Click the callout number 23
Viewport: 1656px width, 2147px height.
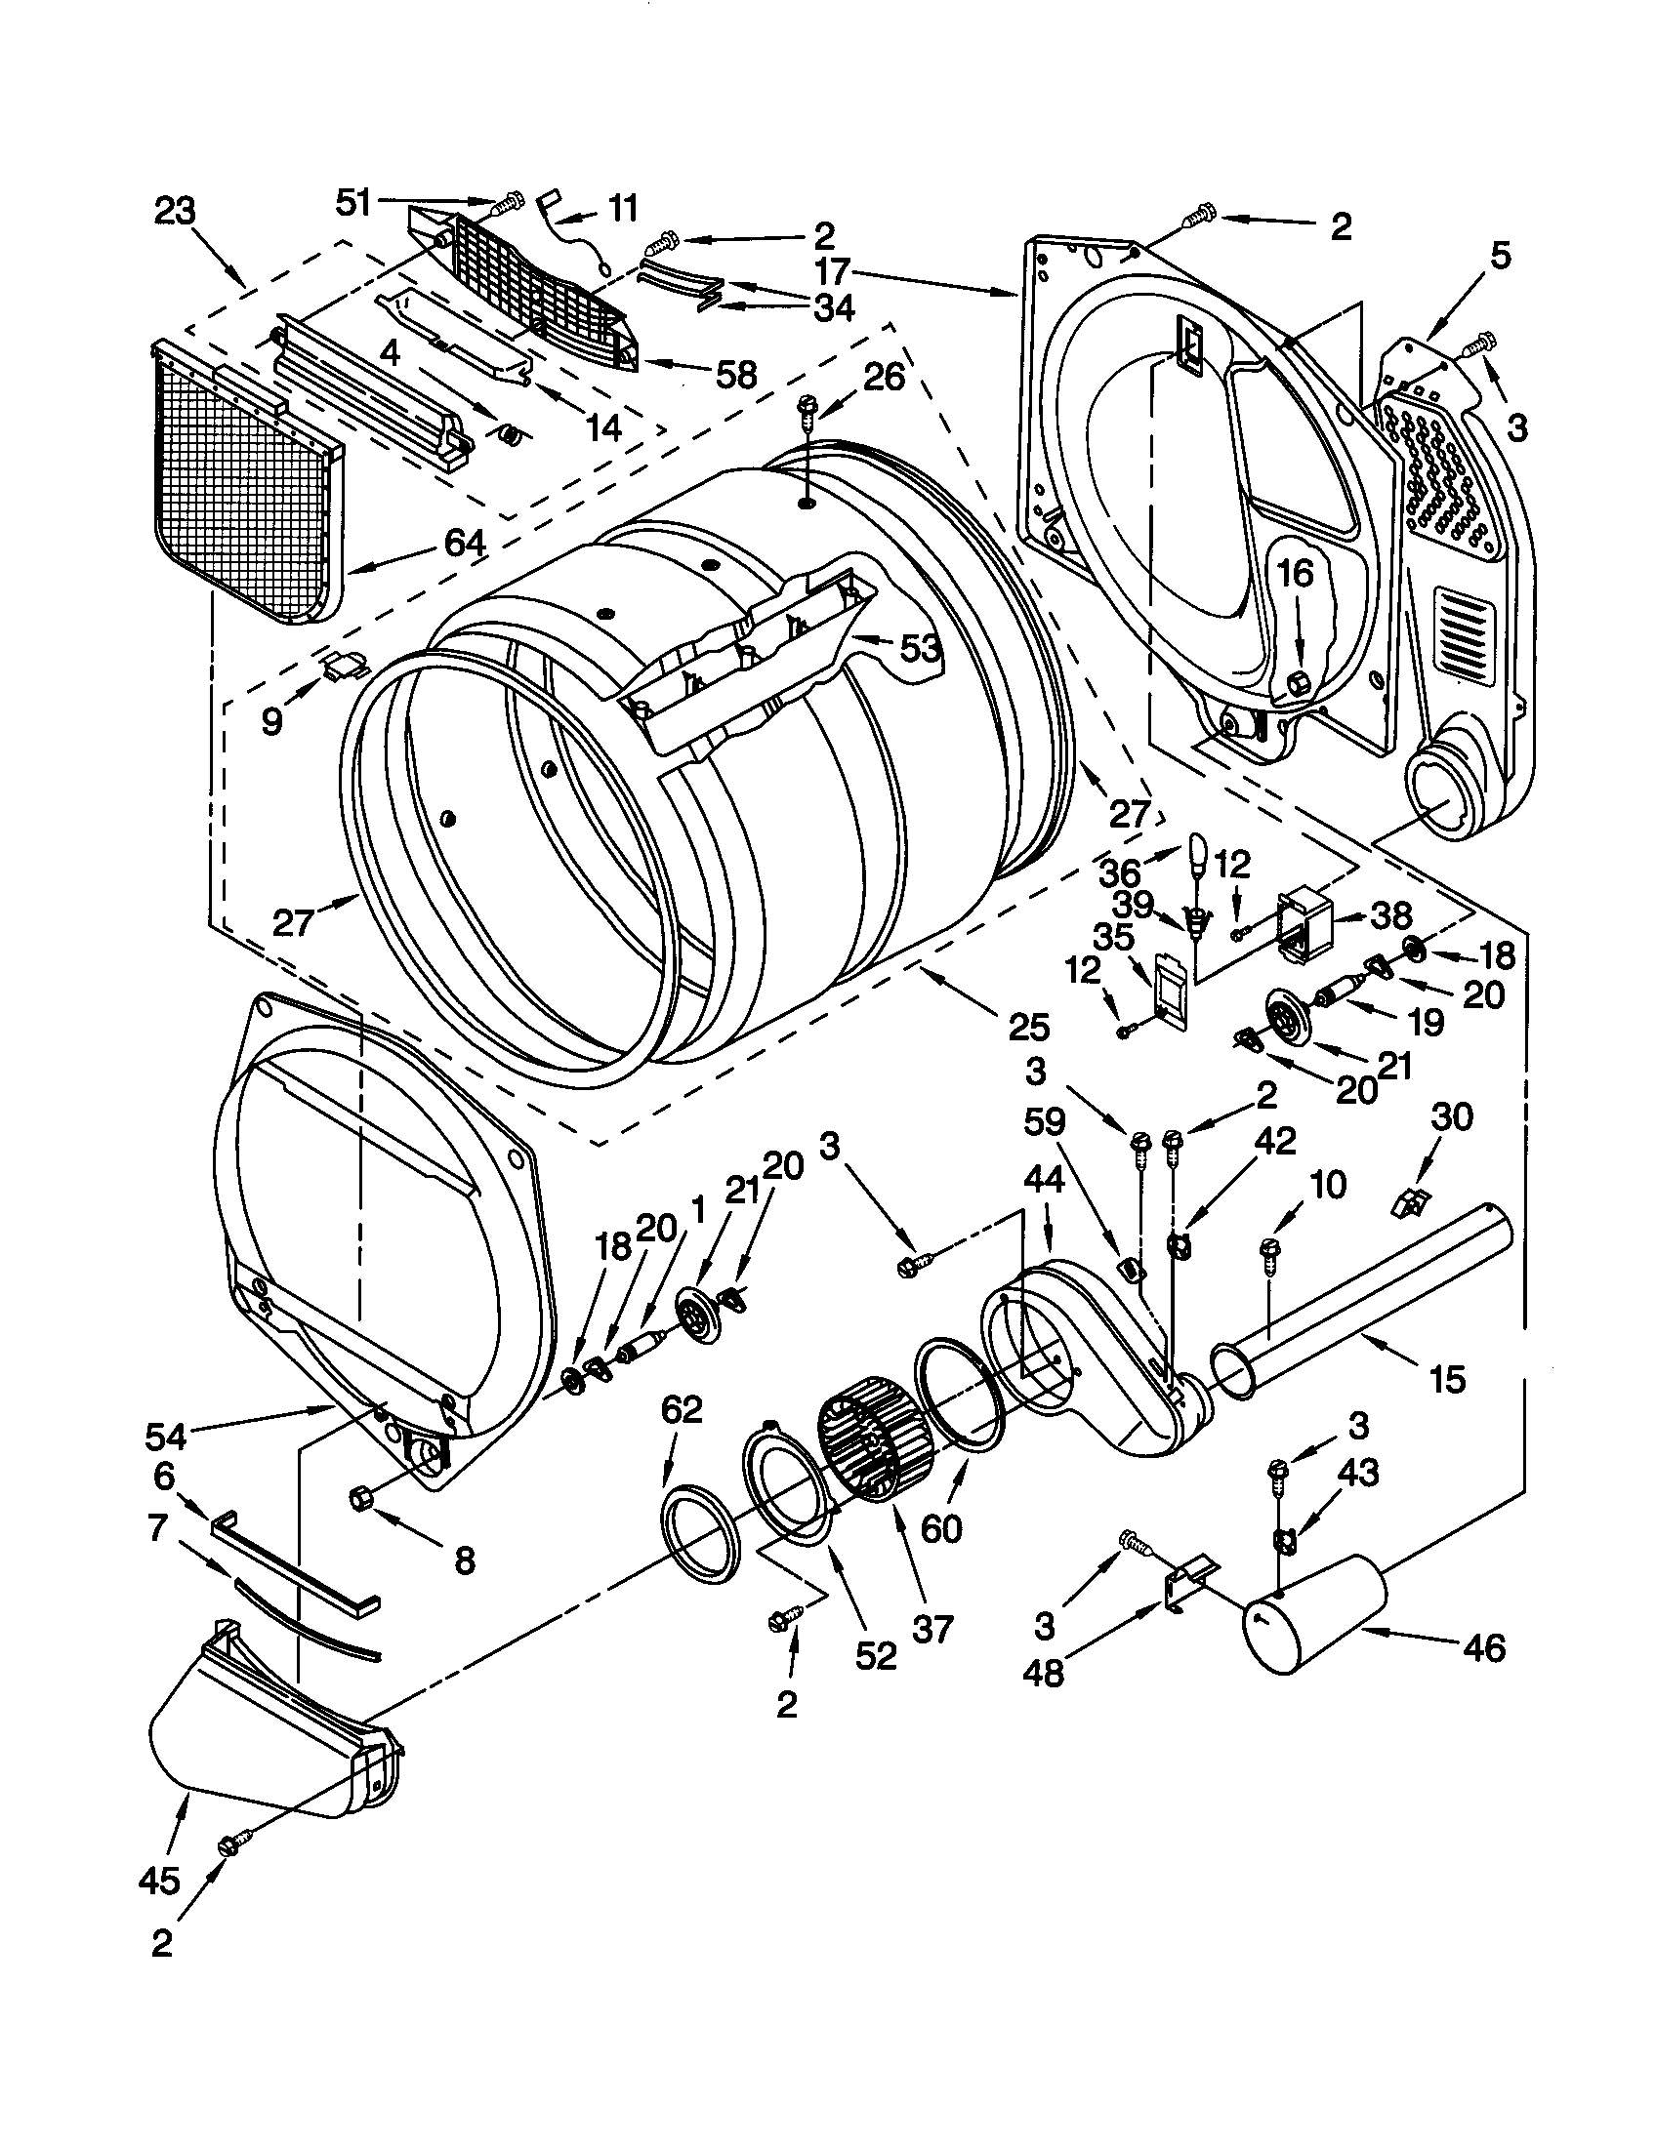click(175, 212)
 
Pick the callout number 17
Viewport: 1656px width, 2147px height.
click(832, 269)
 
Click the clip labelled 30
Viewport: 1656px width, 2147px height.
click(1412, 1199)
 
